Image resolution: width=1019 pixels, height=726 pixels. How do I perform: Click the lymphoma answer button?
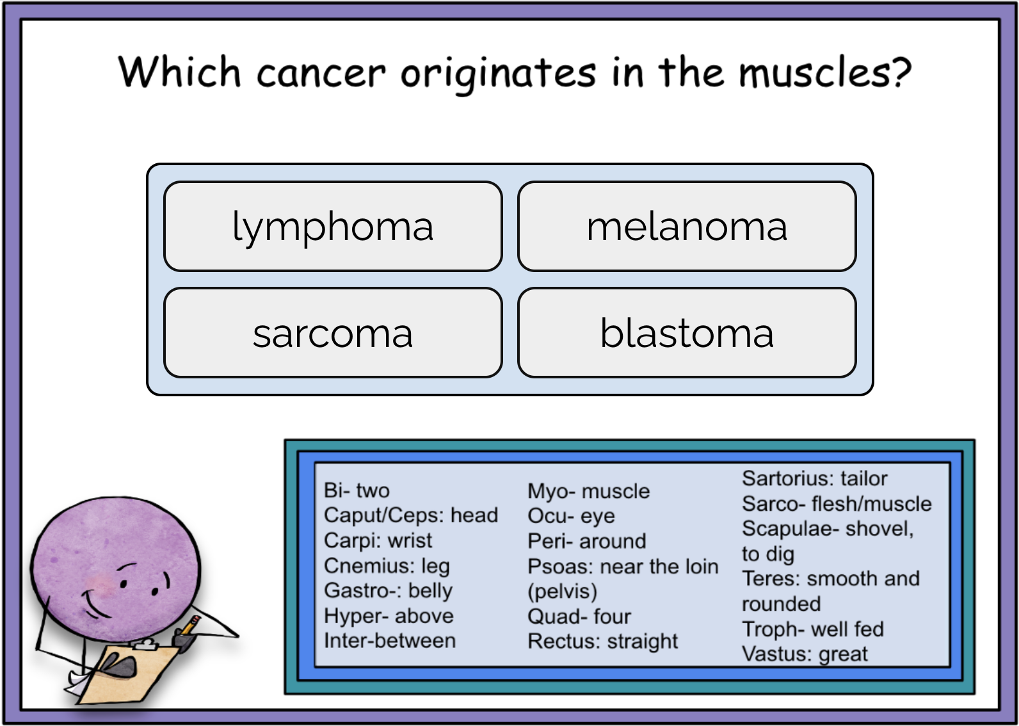coord(333,227)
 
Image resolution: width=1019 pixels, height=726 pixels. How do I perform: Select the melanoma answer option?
coord(687,227)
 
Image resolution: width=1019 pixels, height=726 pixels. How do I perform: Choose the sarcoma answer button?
coord(333,333)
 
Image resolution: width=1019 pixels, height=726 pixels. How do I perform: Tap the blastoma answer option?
coord(687,333)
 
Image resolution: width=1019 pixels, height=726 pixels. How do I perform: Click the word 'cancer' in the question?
coord(321,72)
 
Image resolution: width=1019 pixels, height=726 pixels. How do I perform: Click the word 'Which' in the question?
coord(179,71)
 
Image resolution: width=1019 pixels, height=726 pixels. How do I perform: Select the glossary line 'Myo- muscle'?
coord(588,491)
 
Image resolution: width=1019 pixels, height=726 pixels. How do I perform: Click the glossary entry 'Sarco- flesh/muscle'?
coord(837,504)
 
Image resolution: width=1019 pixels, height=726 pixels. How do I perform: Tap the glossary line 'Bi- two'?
coord(357,490)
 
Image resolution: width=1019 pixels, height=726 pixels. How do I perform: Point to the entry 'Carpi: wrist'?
coord(378,540)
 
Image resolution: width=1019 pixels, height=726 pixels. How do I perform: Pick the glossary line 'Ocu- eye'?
coord(571,516)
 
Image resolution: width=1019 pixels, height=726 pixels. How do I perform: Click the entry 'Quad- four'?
coord(579,617)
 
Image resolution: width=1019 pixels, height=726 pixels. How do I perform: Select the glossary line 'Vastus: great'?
coord(805,654)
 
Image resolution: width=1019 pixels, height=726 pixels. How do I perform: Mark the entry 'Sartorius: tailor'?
coord(814,478)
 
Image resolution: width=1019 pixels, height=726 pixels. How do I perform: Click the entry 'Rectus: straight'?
coord(602,641)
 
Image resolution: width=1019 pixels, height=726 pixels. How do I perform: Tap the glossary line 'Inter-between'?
coord(390,640)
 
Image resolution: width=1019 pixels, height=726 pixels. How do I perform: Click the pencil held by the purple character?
coord(189,625)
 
